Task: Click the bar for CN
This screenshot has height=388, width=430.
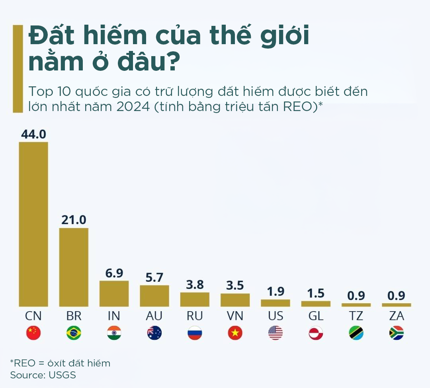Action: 33,224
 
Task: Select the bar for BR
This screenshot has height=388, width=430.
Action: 74,267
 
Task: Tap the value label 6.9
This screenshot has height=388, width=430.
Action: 114,273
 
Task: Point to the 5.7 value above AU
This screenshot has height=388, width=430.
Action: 154,278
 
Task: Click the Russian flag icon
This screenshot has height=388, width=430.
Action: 195,333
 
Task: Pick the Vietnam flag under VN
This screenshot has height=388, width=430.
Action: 235,333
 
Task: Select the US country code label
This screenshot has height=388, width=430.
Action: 276,316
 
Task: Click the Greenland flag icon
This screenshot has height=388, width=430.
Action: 316,333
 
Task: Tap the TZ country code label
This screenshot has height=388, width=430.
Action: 356,316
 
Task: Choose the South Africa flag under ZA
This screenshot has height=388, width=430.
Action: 397,333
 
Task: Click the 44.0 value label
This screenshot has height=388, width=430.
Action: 33,135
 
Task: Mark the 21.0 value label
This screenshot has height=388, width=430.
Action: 74,220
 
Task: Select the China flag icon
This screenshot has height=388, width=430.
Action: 33,333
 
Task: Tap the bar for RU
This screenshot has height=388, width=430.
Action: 195,299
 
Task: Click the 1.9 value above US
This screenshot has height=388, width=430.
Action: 276,292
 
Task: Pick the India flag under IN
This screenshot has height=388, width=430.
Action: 114,333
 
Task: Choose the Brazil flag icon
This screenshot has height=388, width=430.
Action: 74,333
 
